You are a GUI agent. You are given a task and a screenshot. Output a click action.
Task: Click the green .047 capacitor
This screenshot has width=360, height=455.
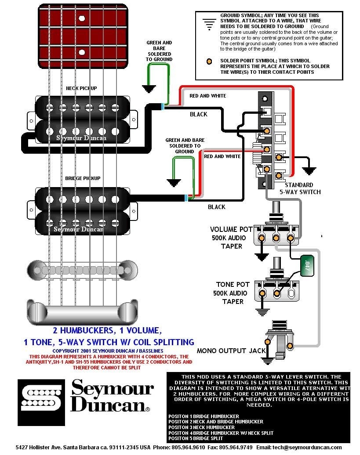tap(307, 265)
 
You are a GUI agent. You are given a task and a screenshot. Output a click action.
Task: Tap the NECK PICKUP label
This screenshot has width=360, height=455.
tap(81, 88)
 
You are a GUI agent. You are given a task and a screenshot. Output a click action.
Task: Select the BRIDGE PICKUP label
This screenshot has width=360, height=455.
tap(83, 178)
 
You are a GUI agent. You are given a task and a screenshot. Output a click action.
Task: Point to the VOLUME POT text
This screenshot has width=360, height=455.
tap(231, 229)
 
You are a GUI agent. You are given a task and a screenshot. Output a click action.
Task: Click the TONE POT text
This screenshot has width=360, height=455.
tap(233, 285)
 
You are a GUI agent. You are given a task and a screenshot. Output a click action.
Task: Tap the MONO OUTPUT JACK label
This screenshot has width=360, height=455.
tap(231, 350)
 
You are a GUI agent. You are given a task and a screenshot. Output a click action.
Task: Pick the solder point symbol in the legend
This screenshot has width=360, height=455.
tap(211, 61)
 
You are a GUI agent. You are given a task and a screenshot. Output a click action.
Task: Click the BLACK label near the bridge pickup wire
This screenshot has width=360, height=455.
tap(216, 207)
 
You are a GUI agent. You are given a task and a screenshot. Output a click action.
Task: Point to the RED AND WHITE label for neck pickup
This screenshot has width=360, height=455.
tap(207, 96)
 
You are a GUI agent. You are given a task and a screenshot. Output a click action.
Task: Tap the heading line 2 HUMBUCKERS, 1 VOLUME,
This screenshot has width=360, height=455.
tap(107, 330)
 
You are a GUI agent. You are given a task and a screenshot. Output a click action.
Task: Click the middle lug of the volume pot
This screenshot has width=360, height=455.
tap(276, 238)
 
